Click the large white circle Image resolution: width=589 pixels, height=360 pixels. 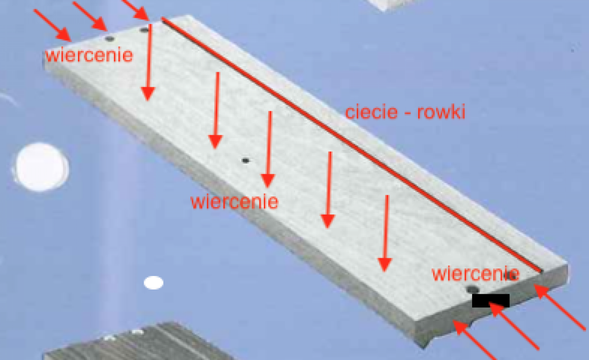pos(41,167)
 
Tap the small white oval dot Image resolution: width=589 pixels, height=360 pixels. pos(153,283)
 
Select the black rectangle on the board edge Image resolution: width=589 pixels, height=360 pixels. pos(490,300)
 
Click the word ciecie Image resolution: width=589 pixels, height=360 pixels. pos(371,112)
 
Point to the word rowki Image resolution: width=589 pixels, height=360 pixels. pos(441,112)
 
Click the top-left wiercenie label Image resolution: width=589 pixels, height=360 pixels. pos(89,55)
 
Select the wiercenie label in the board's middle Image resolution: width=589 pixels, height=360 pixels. pos(234,202)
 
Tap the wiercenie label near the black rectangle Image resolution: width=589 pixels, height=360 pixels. pos(476,274)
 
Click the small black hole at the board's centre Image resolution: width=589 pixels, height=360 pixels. pos(245,161)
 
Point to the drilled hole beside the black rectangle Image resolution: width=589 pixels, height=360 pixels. pos(473,290)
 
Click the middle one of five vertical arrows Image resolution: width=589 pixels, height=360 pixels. pos(268,150)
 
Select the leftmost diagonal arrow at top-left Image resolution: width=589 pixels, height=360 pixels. pos(53,25)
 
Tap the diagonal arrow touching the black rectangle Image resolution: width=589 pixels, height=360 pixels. pos(514,326)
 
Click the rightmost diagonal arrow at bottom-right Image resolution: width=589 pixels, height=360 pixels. pos(560,307)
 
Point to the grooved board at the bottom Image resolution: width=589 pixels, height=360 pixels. pos(137,342)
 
